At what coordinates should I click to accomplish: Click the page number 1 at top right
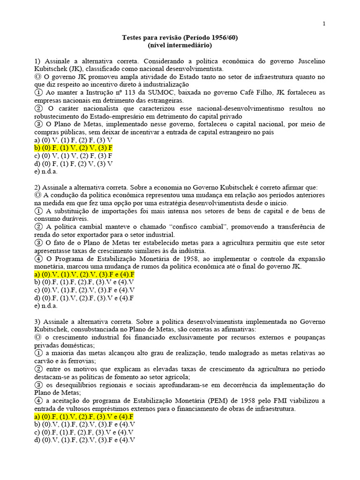[x=324, y=24]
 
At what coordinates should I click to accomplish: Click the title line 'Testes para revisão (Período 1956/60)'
[x=180, y=37]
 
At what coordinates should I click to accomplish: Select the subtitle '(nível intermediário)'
[x=180, y=45]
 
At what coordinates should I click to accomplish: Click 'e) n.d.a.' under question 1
[x=45, y=172]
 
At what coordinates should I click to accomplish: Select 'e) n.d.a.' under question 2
[x=45, y=306]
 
